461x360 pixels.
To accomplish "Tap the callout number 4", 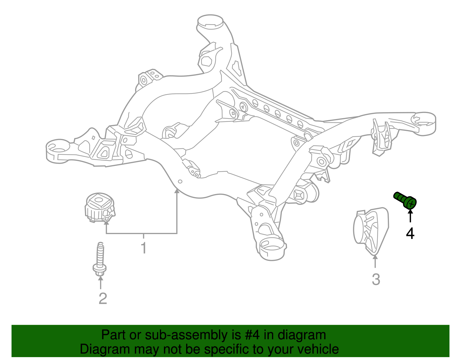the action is tap(410, 233).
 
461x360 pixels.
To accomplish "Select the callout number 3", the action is tap(376, 279).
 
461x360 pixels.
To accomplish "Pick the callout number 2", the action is tap(103, 299).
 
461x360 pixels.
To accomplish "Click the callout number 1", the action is tap(144, 248).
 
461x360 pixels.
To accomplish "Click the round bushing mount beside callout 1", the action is tap(100, 208).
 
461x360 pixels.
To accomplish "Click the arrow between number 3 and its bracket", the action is tap(375, 261).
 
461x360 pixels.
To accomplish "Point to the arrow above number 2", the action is tap(101, 282).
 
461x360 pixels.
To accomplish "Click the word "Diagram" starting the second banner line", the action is tap(105, 349).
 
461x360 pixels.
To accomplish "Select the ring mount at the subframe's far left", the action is tap(58, 151).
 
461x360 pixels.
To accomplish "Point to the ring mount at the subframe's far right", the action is tap(423, 123).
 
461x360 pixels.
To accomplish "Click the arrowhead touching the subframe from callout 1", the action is tap(177, 191).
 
